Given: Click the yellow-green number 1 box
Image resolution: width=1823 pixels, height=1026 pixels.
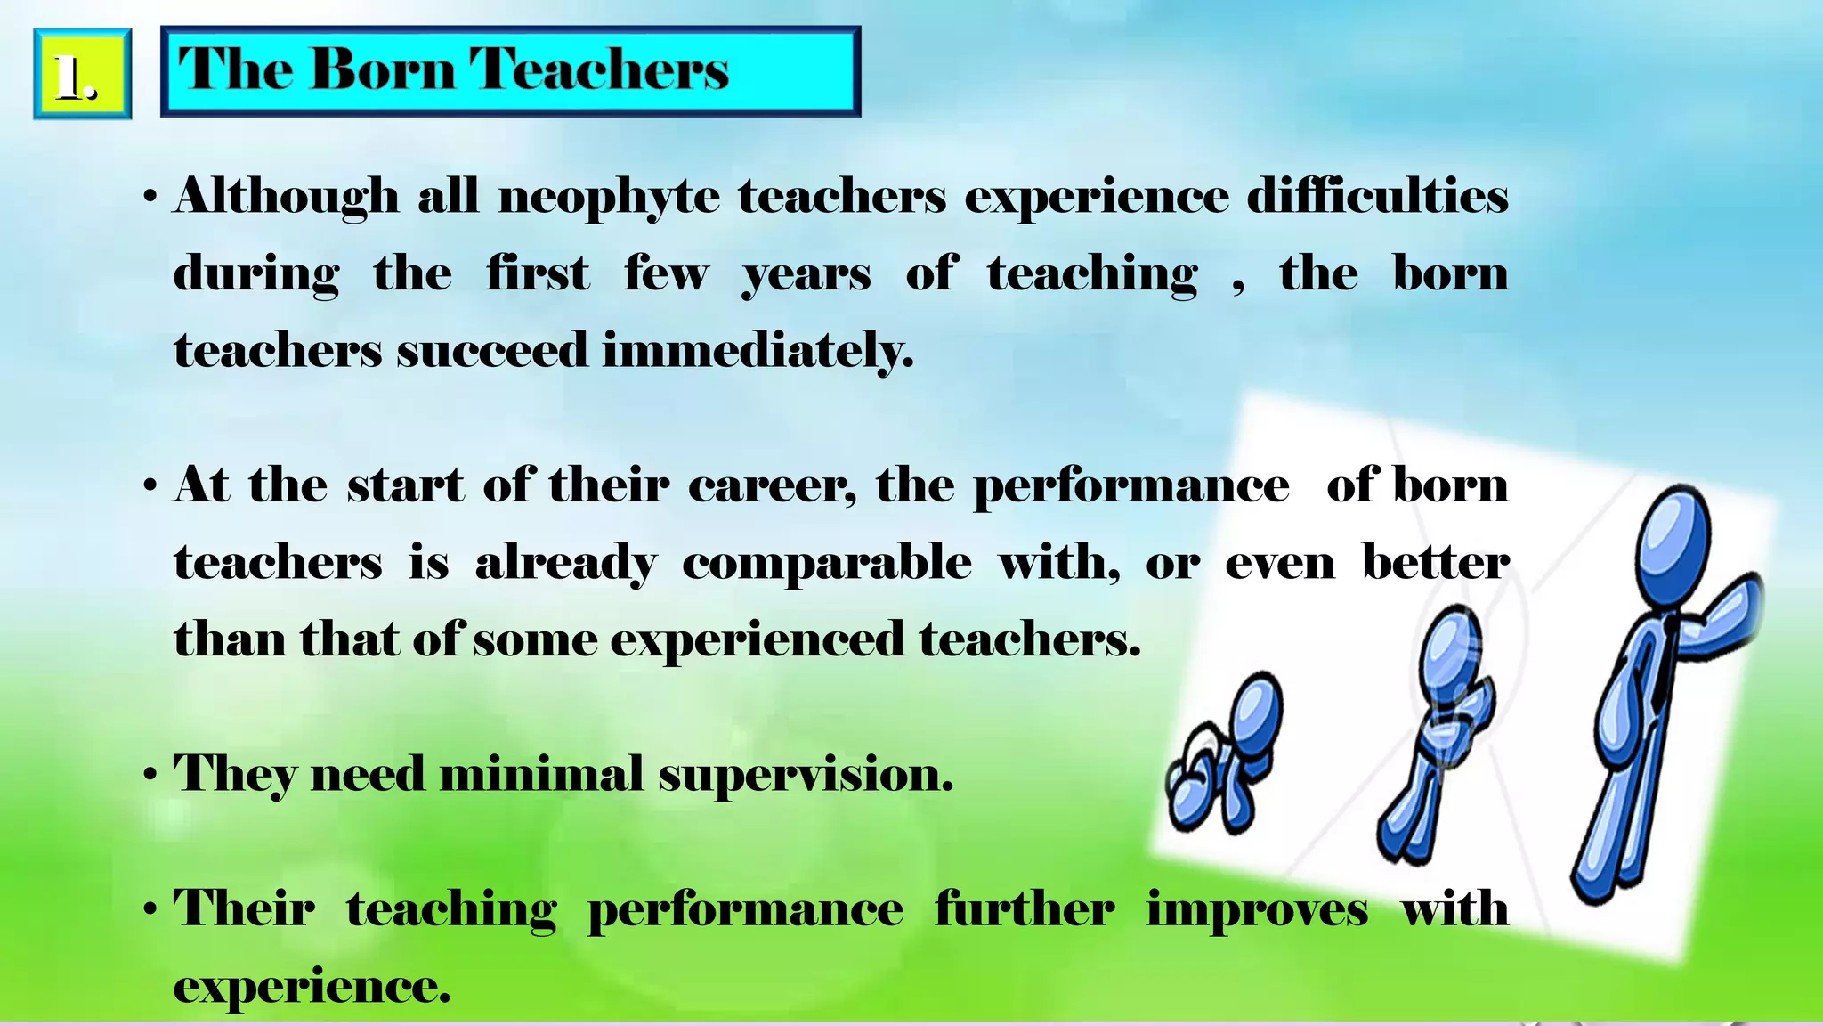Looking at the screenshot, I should pos(82,74).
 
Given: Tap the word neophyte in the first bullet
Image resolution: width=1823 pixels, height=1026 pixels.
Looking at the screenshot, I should pos(609,197).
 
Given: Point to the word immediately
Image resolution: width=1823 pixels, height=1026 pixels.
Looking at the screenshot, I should pos(758,350).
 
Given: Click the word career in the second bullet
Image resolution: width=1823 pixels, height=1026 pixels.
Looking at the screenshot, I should pos(772,486).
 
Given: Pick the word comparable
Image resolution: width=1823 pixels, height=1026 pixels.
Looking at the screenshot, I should pos(827,564).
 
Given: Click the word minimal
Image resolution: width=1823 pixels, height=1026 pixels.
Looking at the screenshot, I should pos(540,773).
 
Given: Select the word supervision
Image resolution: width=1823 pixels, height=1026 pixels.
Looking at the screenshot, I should pos(806,775).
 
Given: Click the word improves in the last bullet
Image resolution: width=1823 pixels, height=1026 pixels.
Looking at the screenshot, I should pos(1257,910).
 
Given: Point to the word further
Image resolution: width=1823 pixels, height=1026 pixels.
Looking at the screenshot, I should pos(1024,910).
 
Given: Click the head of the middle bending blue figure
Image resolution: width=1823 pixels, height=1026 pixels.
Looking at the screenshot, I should pos(1449,648).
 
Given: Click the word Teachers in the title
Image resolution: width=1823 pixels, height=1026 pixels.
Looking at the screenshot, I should pos(599,69).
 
